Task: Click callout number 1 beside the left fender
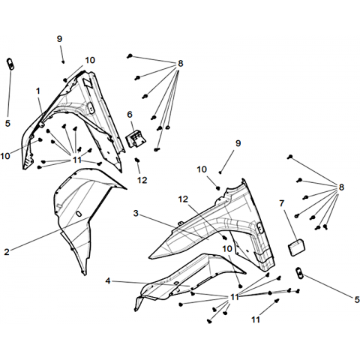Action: [38, 91]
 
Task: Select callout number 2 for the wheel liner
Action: [7, 252]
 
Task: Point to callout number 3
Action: [136, 213]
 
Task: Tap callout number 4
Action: [108, 280]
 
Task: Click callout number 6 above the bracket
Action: [130, 115]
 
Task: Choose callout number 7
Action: [282, 203]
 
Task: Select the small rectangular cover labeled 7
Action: [297, 247]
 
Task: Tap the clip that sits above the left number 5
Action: [10, 64]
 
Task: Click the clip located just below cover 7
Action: [299, 272]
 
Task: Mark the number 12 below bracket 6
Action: [142, 180]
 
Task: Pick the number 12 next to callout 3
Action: [183, 199]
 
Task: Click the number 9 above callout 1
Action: [59, 39]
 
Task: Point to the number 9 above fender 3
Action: [238, 143]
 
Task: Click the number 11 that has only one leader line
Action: [256, 319]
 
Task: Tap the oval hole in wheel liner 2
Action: [79, 214]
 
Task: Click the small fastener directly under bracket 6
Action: [137, 160]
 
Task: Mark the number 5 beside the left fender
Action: [7, 123]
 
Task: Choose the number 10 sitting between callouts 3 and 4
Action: [227, 249]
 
